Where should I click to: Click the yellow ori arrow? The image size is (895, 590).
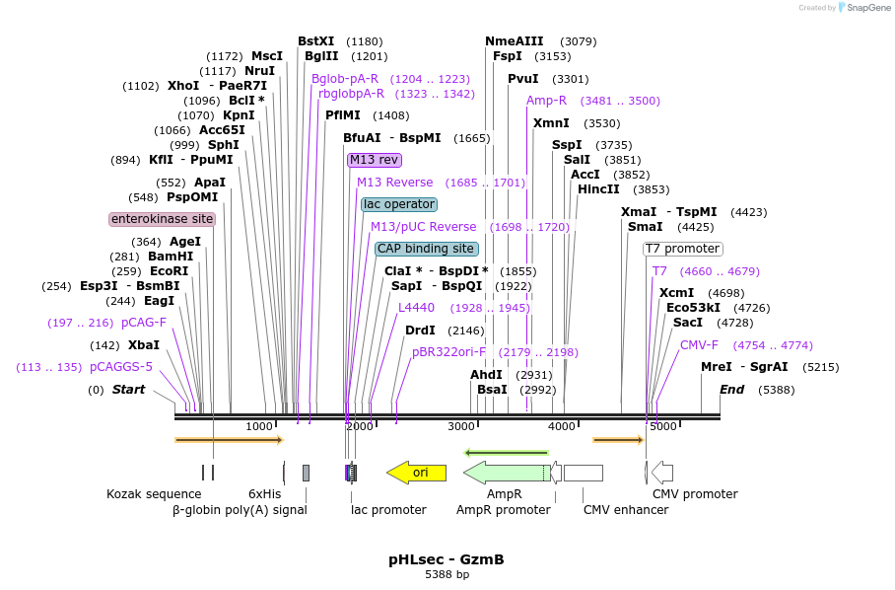point(417,473)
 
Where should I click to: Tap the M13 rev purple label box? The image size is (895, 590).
point(375,160)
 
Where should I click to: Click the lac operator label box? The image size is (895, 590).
point(399,204)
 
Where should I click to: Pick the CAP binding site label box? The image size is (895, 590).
point(427,249)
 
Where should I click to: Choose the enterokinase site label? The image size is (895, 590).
point(162,219)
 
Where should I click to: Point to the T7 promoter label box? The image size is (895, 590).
point(683,249)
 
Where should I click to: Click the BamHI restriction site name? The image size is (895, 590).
point(171,257)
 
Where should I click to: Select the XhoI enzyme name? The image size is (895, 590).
point(183,86)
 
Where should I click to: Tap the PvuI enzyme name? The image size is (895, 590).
point(522,79)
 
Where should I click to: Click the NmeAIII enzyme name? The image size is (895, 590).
point(515,41)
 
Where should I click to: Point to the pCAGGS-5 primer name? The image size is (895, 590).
point(121,367)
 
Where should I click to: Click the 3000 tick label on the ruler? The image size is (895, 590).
point(461,426)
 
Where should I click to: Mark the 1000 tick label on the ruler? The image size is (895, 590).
point(259,426)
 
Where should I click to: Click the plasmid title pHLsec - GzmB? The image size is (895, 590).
point(447,559)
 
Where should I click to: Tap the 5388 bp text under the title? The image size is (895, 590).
point(447,574)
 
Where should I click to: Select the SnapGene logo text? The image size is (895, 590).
point(868,8)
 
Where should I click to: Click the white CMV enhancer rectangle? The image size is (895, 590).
point(584,473)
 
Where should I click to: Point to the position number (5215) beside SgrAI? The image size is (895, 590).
point(821,367)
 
